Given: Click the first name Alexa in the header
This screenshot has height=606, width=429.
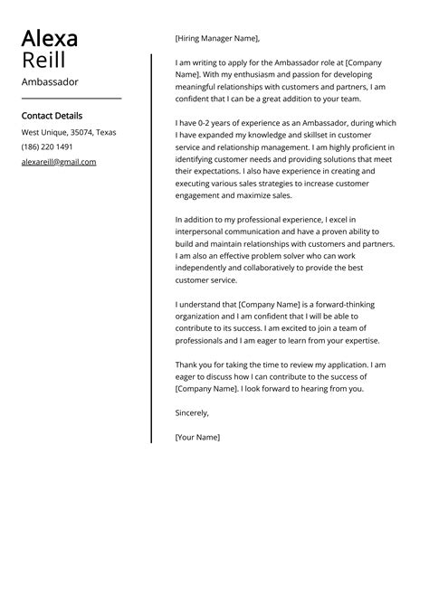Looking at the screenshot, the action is (x=49, y=39).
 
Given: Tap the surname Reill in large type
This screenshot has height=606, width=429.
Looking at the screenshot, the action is (x=43, y=61).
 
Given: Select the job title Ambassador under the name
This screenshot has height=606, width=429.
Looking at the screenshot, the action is (x=50, y=81).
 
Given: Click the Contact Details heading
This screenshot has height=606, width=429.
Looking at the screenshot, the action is (x=52, y=116).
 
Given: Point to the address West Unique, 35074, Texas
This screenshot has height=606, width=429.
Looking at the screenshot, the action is (x=69, y=132).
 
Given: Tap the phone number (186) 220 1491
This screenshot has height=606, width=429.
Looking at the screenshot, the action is (x=48, y=147).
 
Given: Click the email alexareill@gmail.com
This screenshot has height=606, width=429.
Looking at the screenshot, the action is (x=59, y=162).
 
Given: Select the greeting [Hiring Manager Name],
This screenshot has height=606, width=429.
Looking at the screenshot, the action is (x=217, y=38).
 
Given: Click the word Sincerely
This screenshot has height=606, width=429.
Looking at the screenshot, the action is (x=192, y=412).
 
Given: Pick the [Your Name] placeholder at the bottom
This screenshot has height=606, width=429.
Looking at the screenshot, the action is (x=197, y=437).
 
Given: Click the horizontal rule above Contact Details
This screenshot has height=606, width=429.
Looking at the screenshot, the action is (x=71, y=99).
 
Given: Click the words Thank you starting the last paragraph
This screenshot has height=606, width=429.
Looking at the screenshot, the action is (x=194, y=365).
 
